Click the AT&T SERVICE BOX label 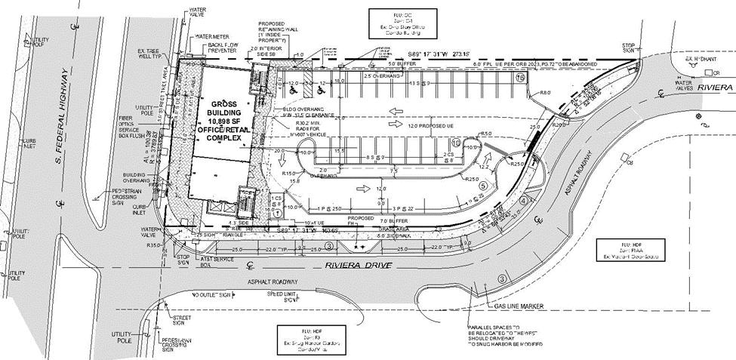tap(217, 261)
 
